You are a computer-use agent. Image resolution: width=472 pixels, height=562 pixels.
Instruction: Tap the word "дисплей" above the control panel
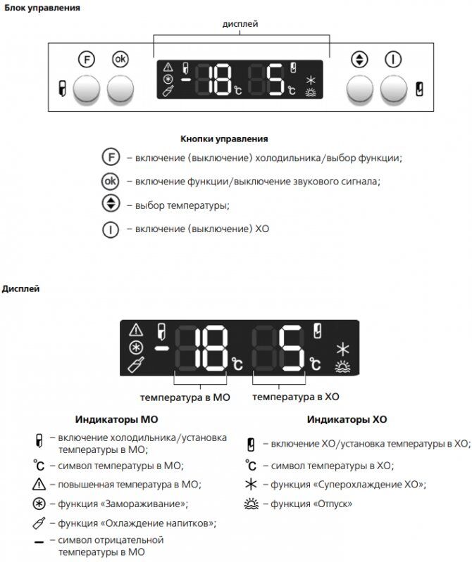240,24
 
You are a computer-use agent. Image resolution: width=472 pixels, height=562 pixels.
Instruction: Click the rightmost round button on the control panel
393,89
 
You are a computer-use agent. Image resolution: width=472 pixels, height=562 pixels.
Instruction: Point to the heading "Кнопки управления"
223,139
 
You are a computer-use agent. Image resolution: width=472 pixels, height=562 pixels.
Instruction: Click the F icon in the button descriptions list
111,158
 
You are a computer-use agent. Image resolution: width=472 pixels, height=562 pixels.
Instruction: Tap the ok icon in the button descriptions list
111,181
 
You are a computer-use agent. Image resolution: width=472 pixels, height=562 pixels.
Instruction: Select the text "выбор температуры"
178,206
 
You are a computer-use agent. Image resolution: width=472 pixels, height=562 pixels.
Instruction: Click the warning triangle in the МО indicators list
39,485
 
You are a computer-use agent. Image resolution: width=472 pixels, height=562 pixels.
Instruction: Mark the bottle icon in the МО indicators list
39,523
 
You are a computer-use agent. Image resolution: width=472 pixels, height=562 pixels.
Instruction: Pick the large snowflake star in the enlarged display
343,349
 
